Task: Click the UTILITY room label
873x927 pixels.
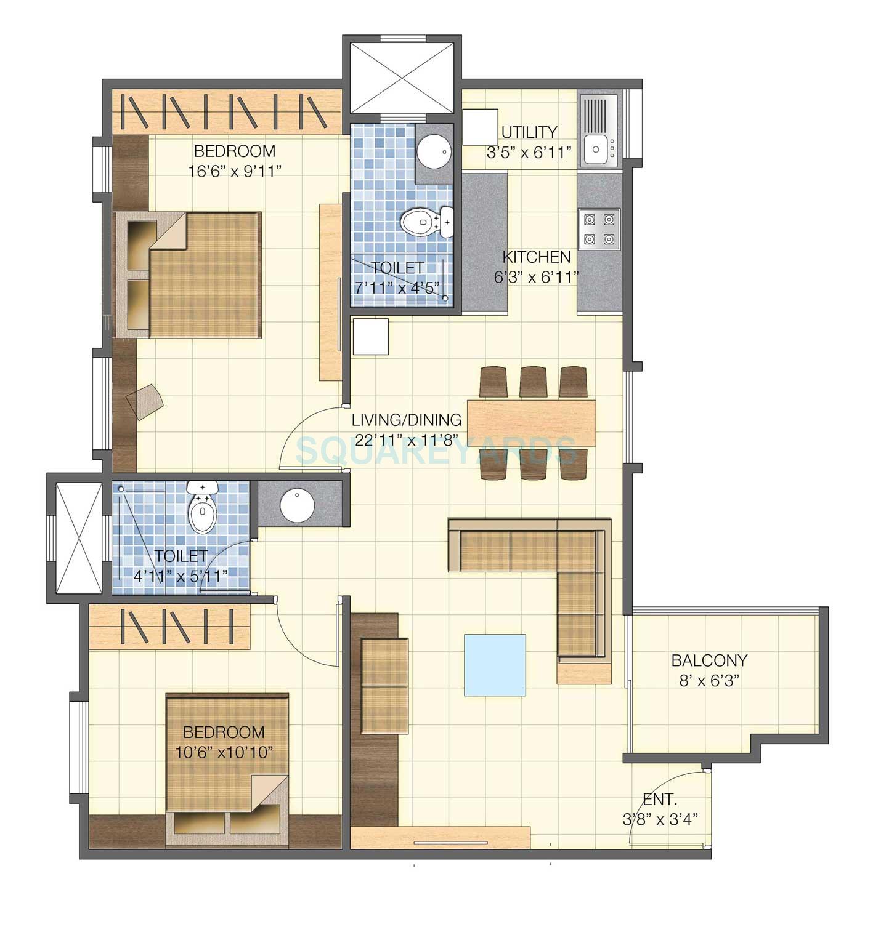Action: point(529,132)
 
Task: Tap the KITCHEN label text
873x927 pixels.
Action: point(536,257)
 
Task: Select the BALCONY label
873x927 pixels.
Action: point(709,660)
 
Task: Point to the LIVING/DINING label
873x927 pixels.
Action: point(407,420)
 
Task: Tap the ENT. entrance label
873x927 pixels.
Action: point(660,800)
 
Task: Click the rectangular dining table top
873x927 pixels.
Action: point(532,423)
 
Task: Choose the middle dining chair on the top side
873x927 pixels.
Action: point(533,382)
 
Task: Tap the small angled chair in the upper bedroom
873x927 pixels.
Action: point(145,401)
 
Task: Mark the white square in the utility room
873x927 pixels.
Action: point(480,127)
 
